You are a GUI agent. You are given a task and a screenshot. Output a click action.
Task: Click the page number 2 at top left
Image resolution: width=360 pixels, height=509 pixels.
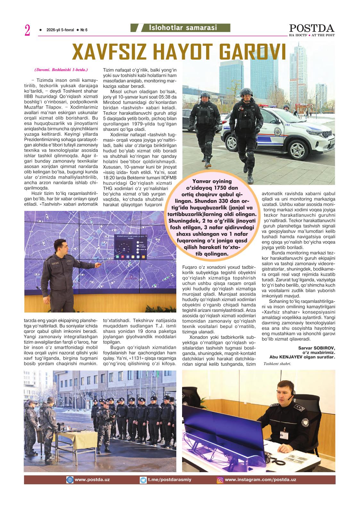[27, 30]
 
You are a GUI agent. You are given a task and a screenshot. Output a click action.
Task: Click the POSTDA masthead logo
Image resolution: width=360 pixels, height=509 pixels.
[312, 28]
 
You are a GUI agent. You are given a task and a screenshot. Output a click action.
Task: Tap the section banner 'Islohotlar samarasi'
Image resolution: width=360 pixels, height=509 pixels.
[183, 28]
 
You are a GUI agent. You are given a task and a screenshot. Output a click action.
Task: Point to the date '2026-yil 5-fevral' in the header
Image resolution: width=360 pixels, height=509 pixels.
[60, 30]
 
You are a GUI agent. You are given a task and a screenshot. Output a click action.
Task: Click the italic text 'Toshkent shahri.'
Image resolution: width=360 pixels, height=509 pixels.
[275, 363]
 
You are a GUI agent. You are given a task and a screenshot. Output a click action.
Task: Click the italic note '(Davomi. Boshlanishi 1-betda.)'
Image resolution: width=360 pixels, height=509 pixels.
[61, 69]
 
